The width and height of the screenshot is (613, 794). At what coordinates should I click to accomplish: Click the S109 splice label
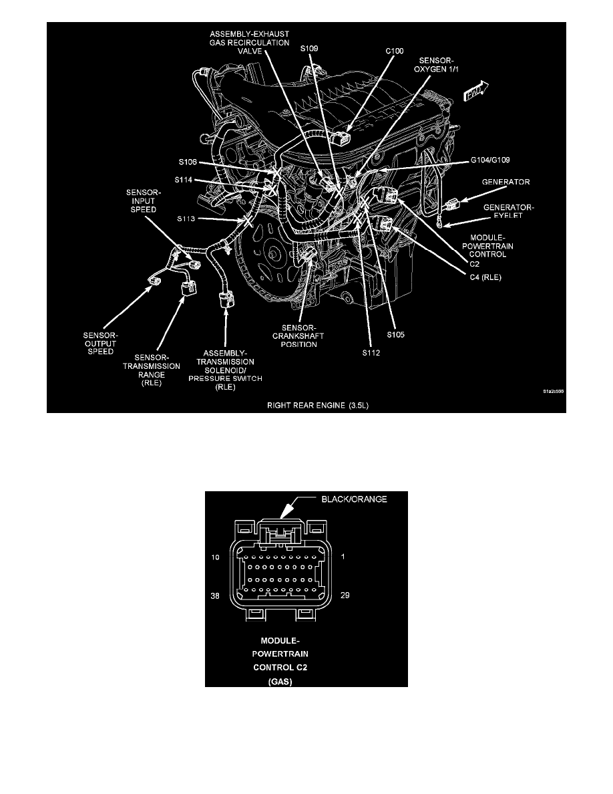(x=310, y=49)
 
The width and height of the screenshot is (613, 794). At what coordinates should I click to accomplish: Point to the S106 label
(x=189, y=162)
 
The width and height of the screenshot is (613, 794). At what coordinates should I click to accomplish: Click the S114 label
(x=186, y=179)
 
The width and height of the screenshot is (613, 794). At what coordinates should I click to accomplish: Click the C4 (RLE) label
(x=483, y=273)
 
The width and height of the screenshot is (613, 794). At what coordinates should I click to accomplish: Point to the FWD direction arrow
(x=477, y=91)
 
